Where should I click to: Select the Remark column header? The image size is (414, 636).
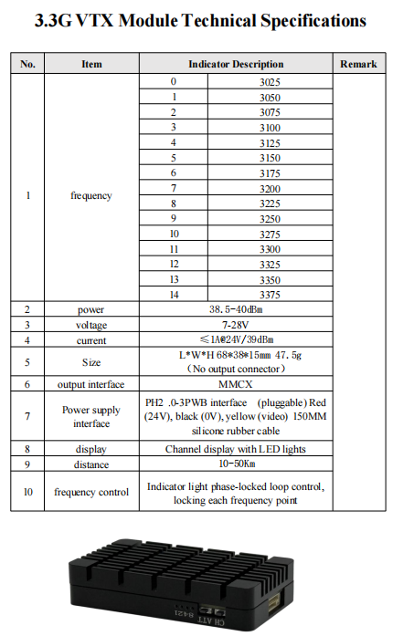(x=357, y=64)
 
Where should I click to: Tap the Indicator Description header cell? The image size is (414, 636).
(x=236, y=64)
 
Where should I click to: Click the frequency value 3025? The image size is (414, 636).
(x=270, y=82)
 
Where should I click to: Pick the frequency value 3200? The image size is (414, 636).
(x=270, y=188)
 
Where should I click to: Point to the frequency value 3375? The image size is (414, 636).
(x=270, y=295)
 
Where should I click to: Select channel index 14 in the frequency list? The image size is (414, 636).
(x=174, y=295)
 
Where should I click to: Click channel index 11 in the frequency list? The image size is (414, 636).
(x=174, y=249)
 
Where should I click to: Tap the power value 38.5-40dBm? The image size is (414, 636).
(x=236, y=309)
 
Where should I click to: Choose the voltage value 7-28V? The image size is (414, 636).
(x=236, y=325)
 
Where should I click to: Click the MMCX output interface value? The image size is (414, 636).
(x=236, y=384)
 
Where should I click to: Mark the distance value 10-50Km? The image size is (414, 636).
(x=236, y=464)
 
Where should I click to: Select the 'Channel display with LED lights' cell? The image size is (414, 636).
(x=236, y=449)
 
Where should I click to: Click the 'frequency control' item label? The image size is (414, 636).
(x=91, y=493)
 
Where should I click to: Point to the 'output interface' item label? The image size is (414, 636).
(x=91, y=384)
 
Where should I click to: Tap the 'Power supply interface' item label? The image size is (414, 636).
(x=91, y=417)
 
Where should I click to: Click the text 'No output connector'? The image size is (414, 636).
(x=236, y=369)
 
